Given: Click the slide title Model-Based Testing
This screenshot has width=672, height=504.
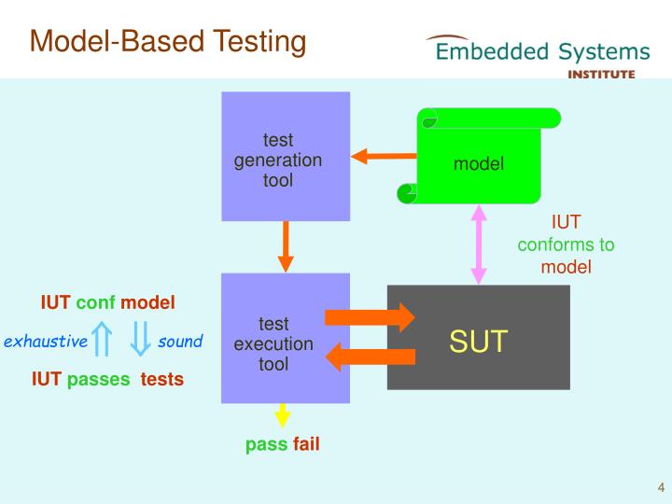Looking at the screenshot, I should click(168, 41).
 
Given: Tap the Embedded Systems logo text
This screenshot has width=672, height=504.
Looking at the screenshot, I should click(542, 50).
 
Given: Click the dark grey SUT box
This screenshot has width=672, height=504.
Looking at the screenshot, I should click(478, 338).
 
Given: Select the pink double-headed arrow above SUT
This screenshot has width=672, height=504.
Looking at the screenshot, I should click(480, 244).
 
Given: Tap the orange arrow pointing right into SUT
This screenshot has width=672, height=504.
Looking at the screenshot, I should click(369, 317).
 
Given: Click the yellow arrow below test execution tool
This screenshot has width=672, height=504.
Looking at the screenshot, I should click(282, 416).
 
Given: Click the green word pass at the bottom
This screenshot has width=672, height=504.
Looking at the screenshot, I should click(266, 444).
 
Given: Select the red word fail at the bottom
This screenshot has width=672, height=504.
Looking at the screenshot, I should click(306, 444).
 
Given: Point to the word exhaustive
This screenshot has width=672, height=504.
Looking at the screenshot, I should click(46, 341).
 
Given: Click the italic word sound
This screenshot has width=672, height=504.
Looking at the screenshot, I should click(180, 341).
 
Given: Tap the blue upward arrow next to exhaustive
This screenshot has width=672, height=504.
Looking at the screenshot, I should click(104, 339).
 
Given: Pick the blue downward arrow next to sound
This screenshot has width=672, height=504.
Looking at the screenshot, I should click(140, 339).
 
